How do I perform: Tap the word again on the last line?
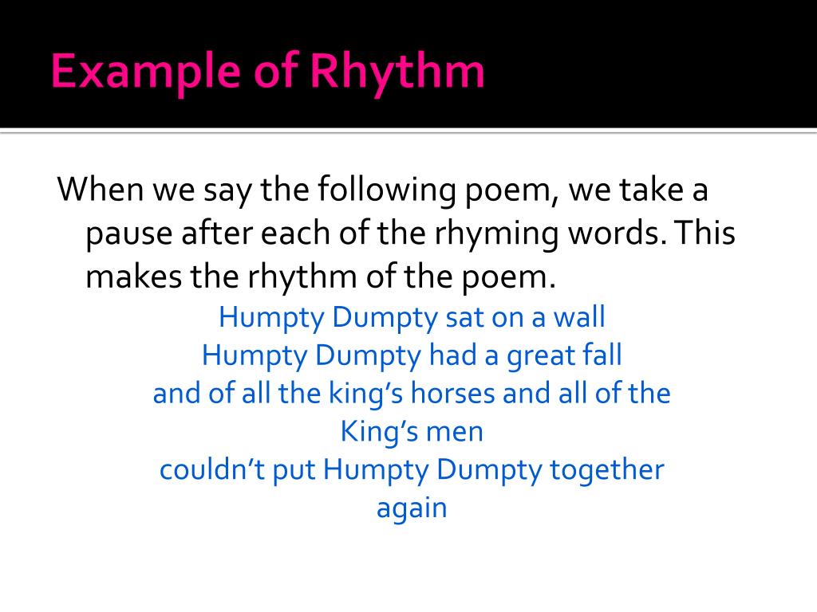tap(411, 508)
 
